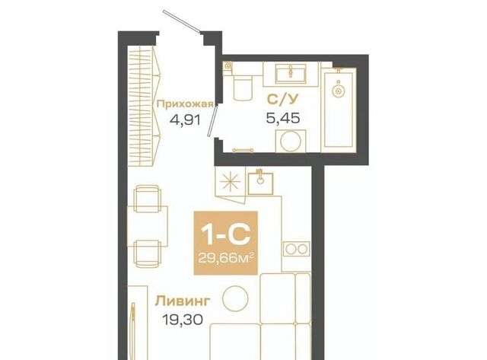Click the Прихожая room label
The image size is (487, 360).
185,104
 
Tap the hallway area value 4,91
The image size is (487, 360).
185,119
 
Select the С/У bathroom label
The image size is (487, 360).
282,99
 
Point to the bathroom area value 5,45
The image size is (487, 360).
282,118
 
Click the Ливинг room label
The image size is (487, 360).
183,301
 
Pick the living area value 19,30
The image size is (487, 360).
183,319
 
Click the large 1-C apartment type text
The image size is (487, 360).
225,234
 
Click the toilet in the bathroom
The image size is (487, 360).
242,88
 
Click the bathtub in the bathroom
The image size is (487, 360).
339,110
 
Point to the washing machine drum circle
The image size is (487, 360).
291,142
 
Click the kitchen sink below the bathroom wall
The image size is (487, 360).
260,183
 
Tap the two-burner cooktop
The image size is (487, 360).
296,249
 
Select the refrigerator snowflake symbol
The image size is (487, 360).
230,182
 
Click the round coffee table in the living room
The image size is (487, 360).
235,298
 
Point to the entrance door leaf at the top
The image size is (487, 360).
182,21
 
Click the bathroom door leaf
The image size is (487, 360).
213,120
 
